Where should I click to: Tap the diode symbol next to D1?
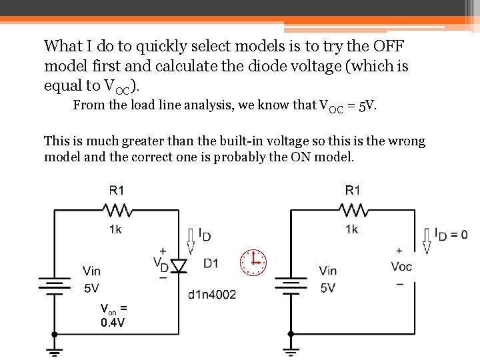[x=177, y=265]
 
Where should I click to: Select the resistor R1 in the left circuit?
[x=117, y=211]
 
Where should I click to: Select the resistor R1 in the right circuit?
[x=352, y=211]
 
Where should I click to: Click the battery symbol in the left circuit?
[x=55, y=283]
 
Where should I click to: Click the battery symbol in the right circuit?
[x=290, y=283]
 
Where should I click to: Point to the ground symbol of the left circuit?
[x=55, y=349]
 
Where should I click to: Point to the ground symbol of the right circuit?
[x=290, y=349]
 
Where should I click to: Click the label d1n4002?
[x=212, y=294]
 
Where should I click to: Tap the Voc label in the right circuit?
[x=401, y=266]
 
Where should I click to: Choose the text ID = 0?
[x=451, y=234]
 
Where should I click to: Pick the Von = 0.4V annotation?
[x=113, y=315]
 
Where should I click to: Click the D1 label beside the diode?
[x=211, y=263]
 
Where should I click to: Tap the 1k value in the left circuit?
[x=115, y=229]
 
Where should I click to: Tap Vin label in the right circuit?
[x=327, y=271]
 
